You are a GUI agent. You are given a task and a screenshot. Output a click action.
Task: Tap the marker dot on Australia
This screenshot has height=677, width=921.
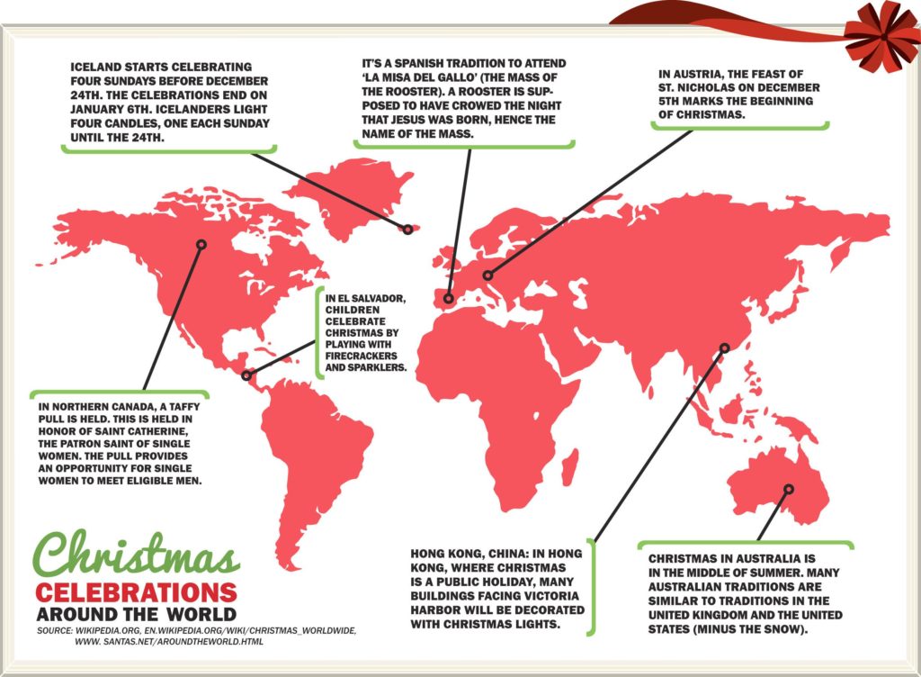(x=789, y=490)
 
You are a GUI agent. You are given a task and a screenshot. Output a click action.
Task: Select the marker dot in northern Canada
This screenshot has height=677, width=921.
(x=201, y=244)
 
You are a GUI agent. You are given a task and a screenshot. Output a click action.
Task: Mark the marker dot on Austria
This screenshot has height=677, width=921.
(x=487, y=275)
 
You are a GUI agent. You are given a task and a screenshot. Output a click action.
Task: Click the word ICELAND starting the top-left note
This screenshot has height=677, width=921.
(x=99, y=67)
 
